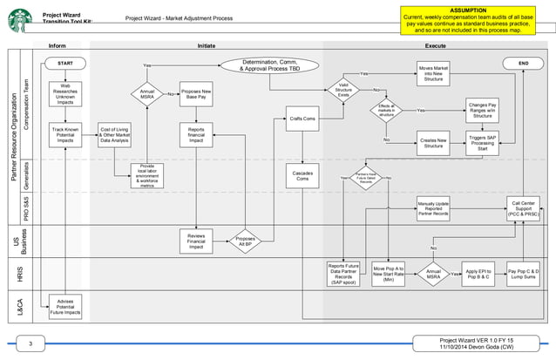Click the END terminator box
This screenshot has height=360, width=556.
click(524, 64)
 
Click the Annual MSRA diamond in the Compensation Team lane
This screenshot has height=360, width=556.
click(147, 94)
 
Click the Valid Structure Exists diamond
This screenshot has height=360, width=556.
click(343, 89)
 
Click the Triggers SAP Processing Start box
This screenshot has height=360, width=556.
click(482, 143)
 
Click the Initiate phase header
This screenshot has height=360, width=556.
click(207, 44)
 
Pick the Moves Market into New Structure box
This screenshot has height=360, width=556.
click(433, 73)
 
